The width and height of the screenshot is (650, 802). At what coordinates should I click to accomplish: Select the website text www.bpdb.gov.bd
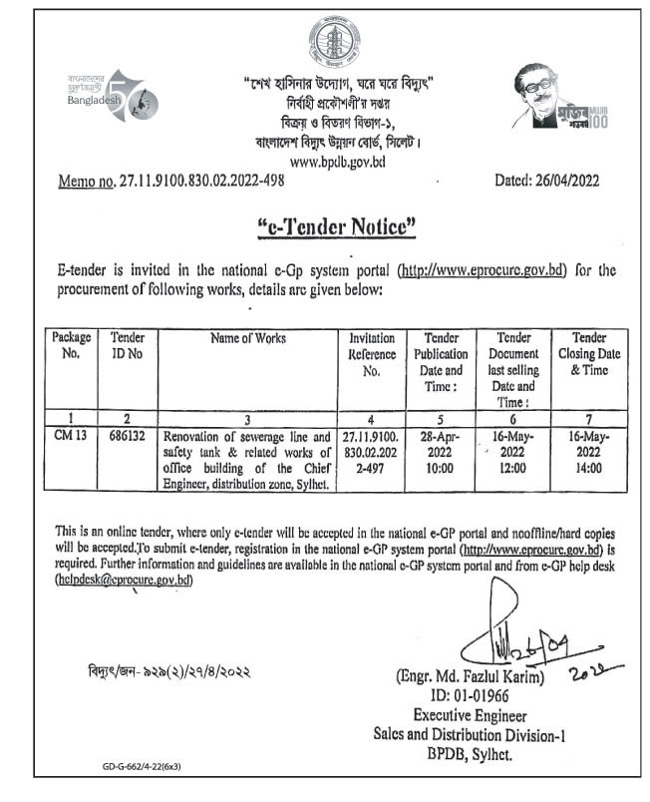336,160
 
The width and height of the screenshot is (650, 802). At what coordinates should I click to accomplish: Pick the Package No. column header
72,345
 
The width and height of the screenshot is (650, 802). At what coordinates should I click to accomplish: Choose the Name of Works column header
248,338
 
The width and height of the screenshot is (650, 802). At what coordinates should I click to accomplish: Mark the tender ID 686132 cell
127,436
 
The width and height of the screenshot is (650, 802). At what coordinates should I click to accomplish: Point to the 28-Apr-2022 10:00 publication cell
442,451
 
